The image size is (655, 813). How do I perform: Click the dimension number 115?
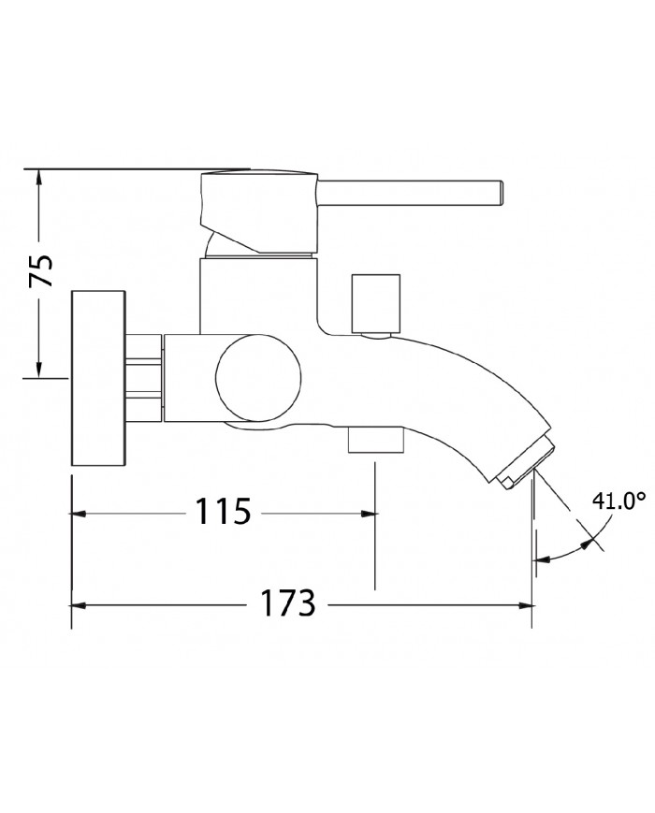point(223,513)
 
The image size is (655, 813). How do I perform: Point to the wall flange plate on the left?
point(99,378)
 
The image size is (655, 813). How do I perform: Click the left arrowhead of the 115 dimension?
point(80,514)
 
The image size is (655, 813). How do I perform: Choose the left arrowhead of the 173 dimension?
point(80,605)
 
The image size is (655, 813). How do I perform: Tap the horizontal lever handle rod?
point(412,194)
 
